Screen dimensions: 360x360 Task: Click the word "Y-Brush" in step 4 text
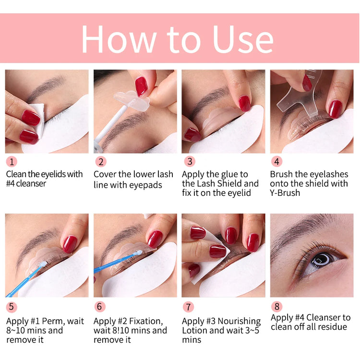pyautogui.click(x=285, y=193)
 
